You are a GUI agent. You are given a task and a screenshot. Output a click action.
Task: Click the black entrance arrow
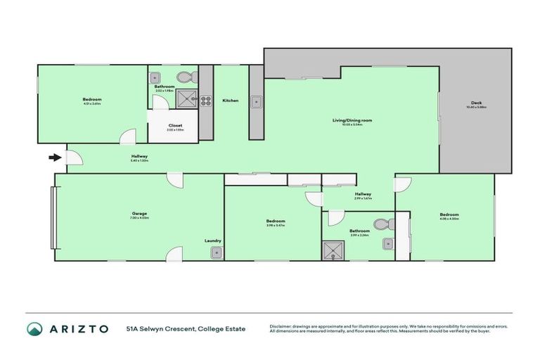click(53, 157)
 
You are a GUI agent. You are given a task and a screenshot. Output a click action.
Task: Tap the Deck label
click(478, 105)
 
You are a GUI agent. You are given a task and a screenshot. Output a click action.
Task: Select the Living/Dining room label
click(352, 120)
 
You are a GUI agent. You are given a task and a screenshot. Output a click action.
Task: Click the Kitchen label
click(230, 101)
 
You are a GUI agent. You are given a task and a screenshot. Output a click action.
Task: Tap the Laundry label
click(213, 240)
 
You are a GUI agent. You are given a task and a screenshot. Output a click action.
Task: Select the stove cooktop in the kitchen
click(206, 100)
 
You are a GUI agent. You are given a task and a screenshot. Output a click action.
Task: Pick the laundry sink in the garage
click(217, 252)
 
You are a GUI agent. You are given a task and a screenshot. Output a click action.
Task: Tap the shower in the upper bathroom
click(187, 98)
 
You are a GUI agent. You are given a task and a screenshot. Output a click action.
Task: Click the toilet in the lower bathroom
click(381, 224)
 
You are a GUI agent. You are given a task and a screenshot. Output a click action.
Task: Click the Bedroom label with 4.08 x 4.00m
click(449, 214)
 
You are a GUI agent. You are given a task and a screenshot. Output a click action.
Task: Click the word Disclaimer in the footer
click(281, 326)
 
